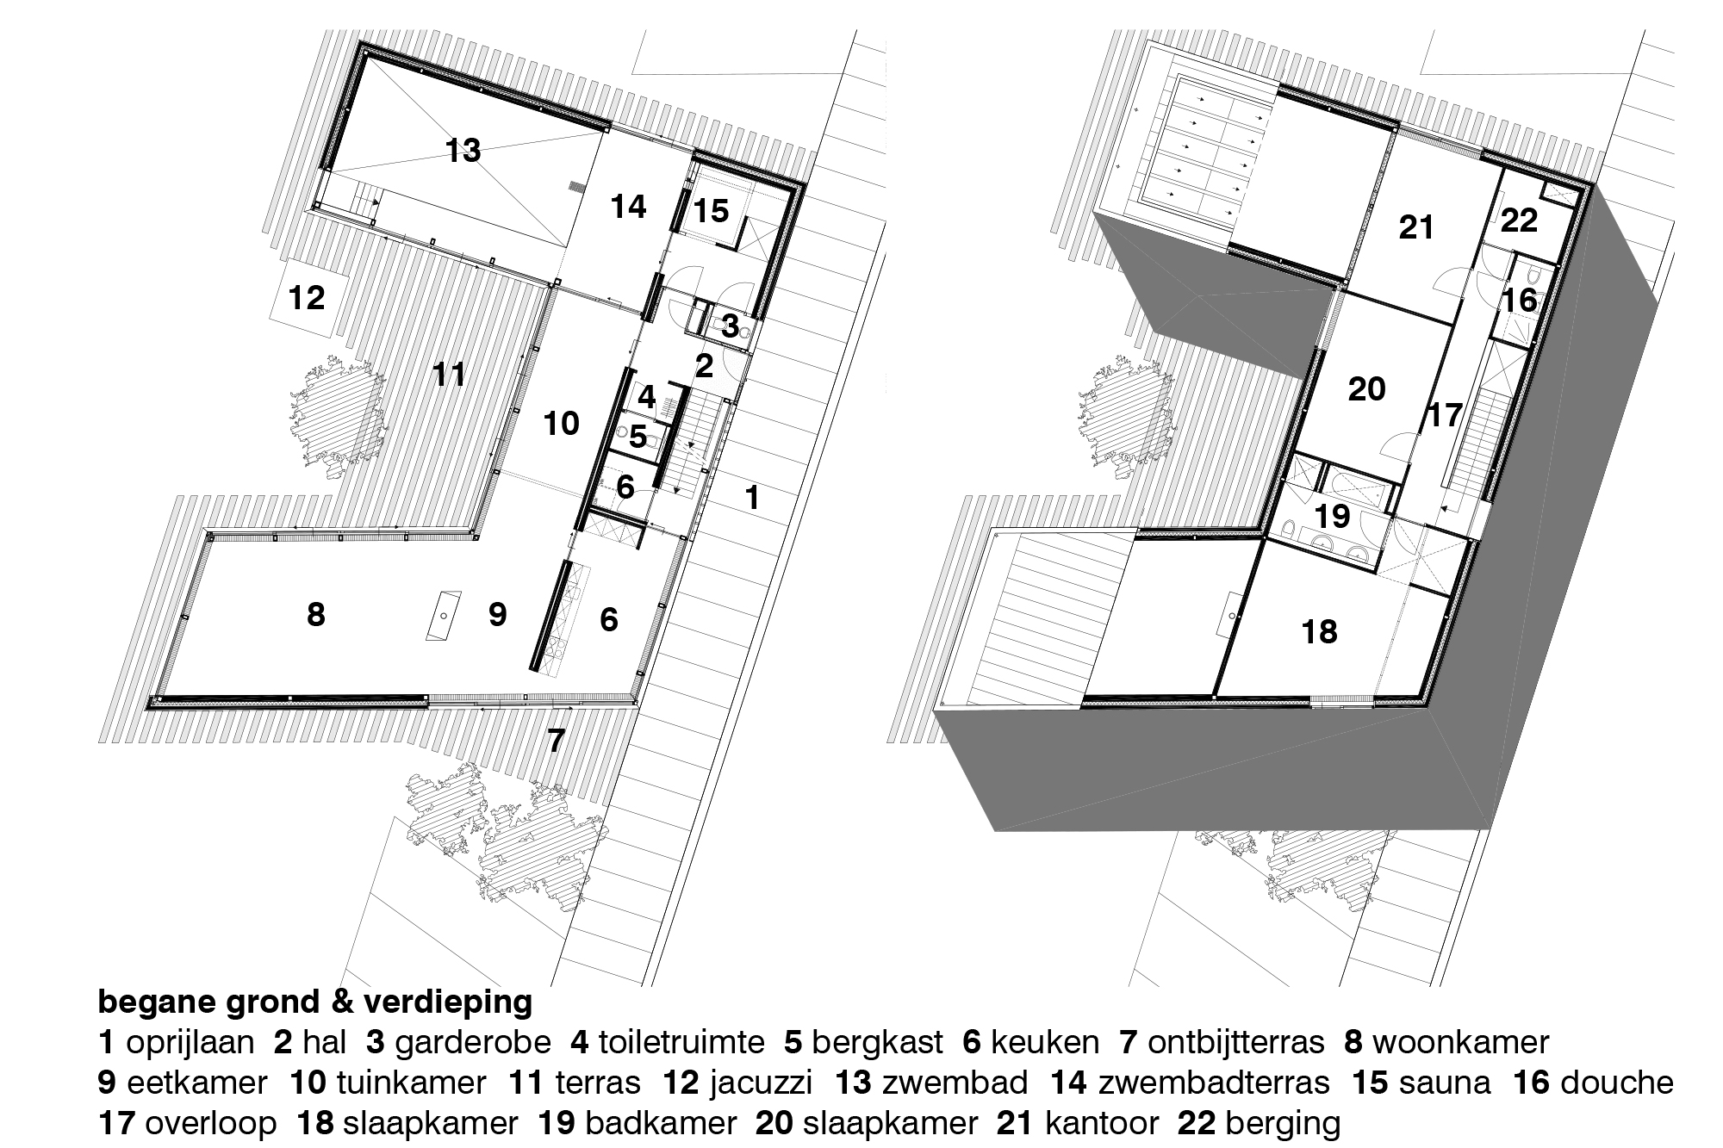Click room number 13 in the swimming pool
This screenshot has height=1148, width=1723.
(x=463, y=151)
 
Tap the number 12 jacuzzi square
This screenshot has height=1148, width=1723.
(x=308, y=298)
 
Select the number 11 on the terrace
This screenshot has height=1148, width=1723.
(x=450, y=375)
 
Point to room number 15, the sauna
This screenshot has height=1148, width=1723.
(x=711, y=211)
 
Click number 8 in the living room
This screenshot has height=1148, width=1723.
(x=316, y=615)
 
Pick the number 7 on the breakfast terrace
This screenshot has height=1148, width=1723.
(x=556, y=740)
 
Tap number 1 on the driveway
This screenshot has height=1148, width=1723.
(x=752, y=498)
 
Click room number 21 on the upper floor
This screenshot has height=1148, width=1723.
(x=1416, y=227)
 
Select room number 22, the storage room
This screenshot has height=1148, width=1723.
(x=1519, y=220)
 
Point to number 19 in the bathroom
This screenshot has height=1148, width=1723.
(x=1333, y=517)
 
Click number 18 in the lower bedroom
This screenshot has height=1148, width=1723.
(x=1320, y=632)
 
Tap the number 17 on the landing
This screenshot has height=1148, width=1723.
(x=1445, y=415)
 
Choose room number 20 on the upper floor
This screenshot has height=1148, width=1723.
(x=1367, y=389)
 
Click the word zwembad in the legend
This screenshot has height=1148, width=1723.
(x=955, y=1083)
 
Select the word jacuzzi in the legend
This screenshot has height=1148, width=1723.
(x=761, y=1083)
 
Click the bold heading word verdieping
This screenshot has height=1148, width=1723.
(x=448, y=1002)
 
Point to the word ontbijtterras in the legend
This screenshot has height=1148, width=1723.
(x=1236, y=1043)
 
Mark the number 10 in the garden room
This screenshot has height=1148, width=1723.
(x=562, y=424)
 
